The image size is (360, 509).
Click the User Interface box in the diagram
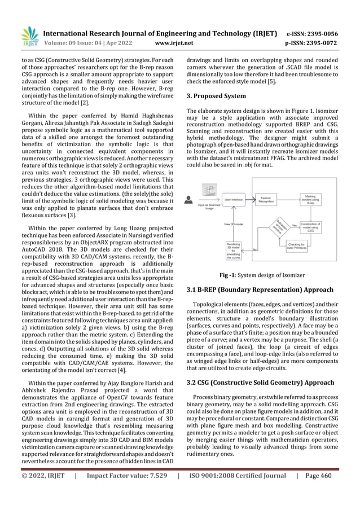pyautogui.click(x=234, y=199)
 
